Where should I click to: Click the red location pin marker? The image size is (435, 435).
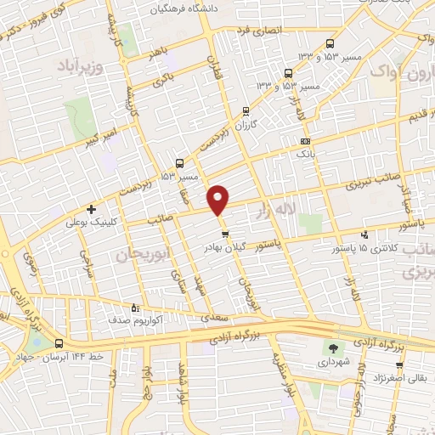[218, 199]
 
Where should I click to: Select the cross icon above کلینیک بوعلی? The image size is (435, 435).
[92, 209]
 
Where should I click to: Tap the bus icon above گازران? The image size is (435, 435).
[246, 110]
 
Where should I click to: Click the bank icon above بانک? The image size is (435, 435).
[305, 141]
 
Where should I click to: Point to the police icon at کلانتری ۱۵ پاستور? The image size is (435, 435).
[364, 234]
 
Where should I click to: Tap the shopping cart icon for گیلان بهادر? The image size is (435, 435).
[224, 233]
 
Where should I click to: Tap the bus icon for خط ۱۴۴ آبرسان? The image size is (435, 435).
[59, 344]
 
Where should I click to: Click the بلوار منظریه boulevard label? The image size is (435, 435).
[277, 374]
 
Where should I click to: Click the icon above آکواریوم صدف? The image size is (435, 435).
[133, 308]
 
